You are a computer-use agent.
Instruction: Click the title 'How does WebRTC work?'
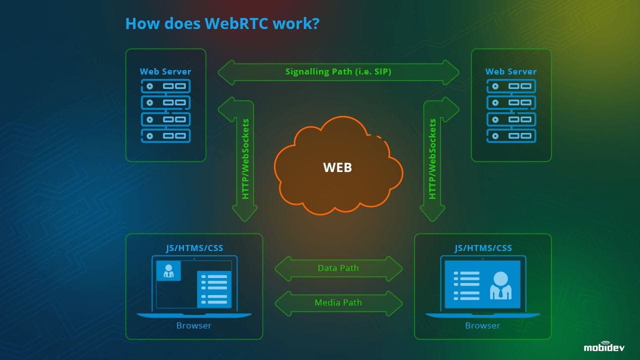point(222,23)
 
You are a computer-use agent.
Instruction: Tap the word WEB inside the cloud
point(337,167)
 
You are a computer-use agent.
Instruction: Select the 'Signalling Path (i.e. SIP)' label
point(338,71)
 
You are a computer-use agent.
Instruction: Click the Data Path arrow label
point(338,268)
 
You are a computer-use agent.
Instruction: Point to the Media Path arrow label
point(338,302)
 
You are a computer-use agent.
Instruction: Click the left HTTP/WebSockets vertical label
point(245,159)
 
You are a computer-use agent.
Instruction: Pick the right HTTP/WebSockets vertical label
point(432,159)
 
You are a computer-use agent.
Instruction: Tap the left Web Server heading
point(165,71)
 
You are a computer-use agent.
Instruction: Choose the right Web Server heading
point(511,71)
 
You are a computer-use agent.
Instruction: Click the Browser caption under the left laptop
point(194,325)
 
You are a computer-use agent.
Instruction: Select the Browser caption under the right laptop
point(482,325)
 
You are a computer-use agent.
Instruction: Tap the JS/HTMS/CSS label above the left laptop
point(194,248)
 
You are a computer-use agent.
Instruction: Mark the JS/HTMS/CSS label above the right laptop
point(483,248)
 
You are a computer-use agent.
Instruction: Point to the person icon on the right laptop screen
point(500,285)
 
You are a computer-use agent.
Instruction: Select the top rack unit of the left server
point(165,86)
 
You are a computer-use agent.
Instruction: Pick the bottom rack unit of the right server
point(511,135)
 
